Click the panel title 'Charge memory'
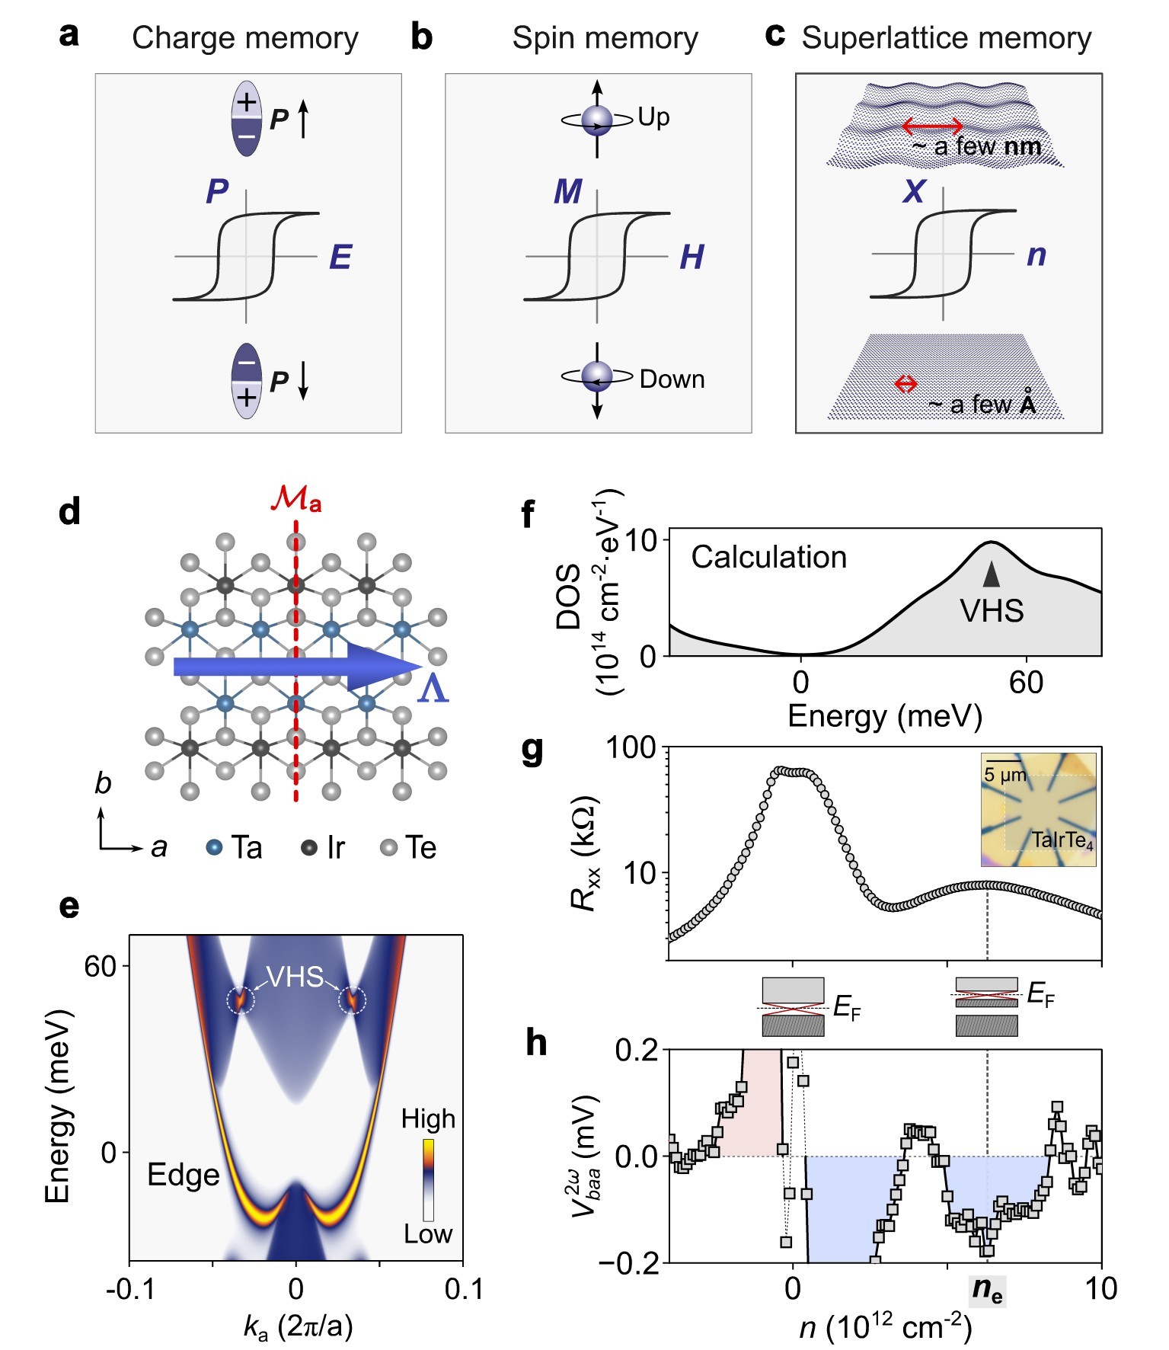tap(244, 38)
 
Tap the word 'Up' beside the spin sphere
tap(653, 117)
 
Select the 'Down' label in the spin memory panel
tap(672, 379)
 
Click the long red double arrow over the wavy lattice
tap(933, 126)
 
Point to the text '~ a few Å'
tap(982, 404)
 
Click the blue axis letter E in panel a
tap(340, 258)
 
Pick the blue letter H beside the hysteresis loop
tap(691, 258)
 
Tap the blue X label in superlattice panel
tap(913, 190)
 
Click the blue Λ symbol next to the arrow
tap(433, 688)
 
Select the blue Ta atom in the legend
tap(215, 847)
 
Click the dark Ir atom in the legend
tap(308, 847)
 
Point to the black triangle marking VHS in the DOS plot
tap(991, 574)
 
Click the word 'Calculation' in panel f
tap(768, 557)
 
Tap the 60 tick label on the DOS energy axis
tap(1026, 683)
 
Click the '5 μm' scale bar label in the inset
tap(1005, 776)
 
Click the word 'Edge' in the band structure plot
tap(183, 1175)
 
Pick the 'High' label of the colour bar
tap(428, 1119)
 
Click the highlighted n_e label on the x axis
tap(988, 1290)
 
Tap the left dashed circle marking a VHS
tap(241, 999)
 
